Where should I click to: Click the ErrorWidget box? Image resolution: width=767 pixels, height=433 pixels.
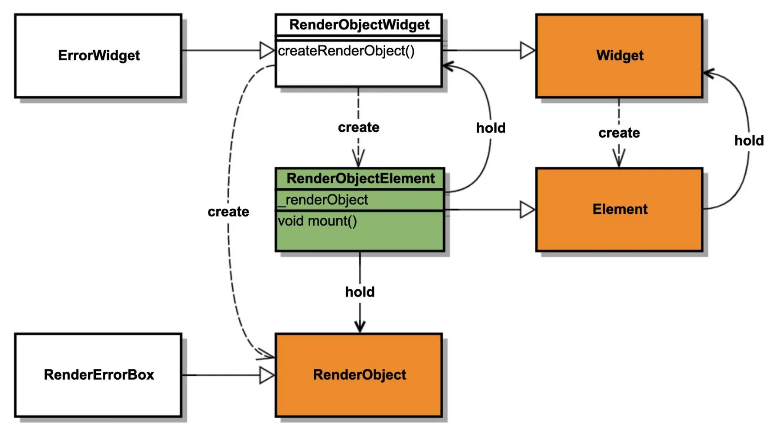click(x=98, y=55)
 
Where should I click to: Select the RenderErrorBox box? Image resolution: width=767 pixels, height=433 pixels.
click(x=98, y=375)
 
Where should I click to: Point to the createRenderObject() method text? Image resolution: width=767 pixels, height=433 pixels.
click(x=346, y=51)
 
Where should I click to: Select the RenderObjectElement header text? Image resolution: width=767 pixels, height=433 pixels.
click(x=360, y=178)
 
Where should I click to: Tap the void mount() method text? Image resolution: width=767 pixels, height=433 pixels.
click(x=317, y=221)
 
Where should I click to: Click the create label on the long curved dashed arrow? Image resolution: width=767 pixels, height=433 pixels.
click(x=228, y=212)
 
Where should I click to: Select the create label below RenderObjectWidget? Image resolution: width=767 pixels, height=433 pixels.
click(x=358, y=127)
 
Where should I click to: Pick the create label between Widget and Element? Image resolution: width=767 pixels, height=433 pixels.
click(x=619, y=133)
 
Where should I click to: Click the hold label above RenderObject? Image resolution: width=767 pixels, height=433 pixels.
click(x=360, y=292)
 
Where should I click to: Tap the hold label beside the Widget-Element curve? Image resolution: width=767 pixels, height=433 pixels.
click(x=748, y=141)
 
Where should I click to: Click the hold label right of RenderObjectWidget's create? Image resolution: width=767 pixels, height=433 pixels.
click(x=491, y=128)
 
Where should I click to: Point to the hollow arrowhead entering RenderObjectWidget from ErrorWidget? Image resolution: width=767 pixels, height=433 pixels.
click(x=267, y=50)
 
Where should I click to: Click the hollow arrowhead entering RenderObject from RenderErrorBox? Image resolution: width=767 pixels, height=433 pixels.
click(x=267, y=375)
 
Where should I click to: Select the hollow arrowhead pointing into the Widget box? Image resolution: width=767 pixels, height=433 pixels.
click(x=527, y=50)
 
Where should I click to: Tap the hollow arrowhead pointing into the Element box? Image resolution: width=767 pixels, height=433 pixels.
click(x=527, y=210)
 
